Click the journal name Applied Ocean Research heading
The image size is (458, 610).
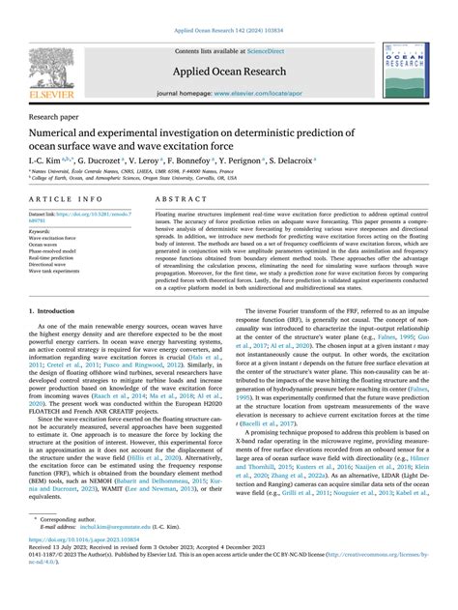228,73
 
